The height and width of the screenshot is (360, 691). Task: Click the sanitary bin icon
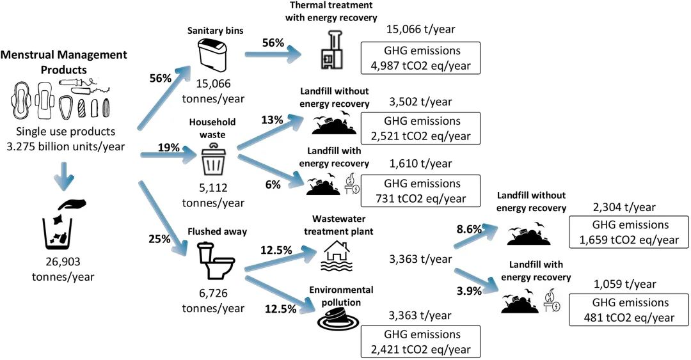(214, 56)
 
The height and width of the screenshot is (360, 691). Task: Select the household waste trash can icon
(214, 158)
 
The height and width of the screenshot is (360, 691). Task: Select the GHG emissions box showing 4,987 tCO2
(420, 59)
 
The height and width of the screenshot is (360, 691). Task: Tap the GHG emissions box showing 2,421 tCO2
(420, 341)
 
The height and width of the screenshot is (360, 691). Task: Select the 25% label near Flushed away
(159, 240)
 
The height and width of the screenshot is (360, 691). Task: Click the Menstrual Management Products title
(64, 61)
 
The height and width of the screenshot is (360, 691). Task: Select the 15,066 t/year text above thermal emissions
(420, 29)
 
